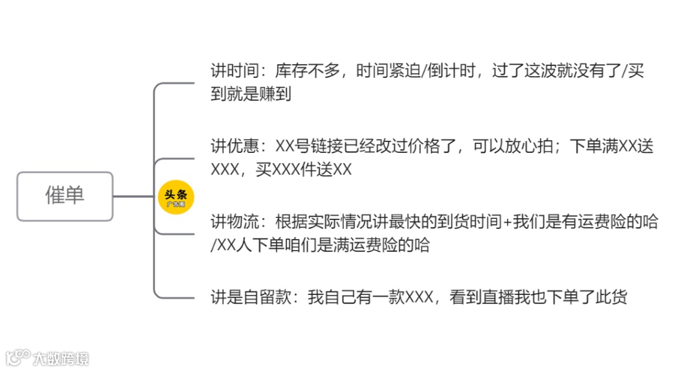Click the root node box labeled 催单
coord(65,196)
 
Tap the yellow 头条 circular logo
coord(176,196)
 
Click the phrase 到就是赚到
coord(251,94)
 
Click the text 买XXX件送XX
coord(304,170)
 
